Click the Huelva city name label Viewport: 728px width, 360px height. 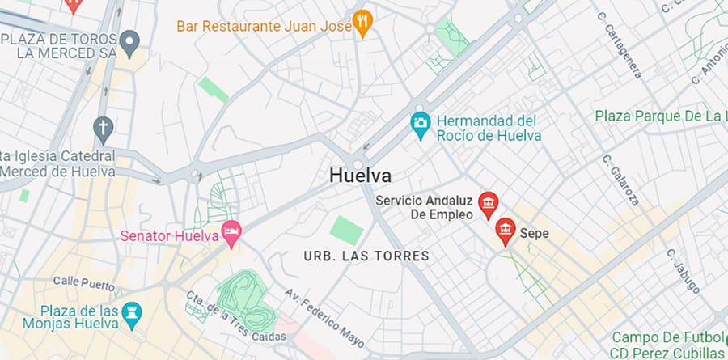pyautogui.click(x=361, y=175)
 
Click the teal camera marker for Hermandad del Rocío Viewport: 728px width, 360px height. pyautogui.click(x=420, y=124)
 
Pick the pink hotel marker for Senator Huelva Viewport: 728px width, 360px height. pyautogui.click(x=231, y=235)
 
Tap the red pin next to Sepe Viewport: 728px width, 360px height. pyautogui.click(x=506, y=231)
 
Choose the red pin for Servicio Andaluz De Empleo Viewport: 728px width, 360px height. pyautogui.click(x=488, y=205)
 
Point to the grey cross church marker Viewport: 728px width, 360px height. pyautogui.click(x=102, y=127)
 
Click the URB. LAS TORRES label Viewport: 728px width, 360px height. pyautogui.click(x=366, y=256)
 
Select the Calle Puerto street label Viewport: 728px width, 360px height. pyautogui.click(x=83, y=282)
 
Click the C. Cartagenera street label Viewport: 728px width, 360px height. pyautogui.click(x=620, y=45)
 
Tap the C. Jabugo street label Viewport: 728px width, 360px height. pyautogui.click(x=683, y=270)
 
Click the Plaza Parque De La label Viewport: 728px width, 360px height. pyautogui.click(x=660, y=116)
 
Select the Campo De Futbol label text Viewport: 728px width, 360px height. pyautogui.click(x=667, y=337)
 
